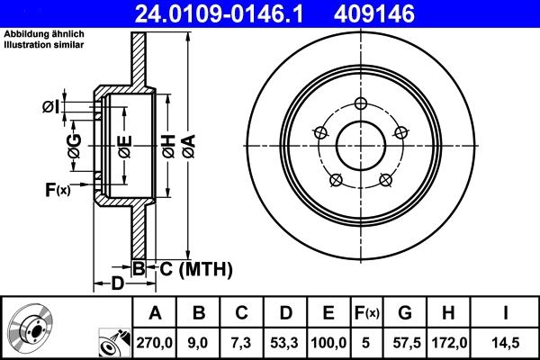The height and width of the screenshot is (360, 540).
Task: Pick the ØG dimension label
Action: (75, 144)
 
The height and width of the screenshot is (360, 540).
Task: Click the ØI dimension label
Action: (51, 107)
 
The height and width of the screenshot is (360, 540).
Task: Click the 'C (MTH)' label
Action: (196, 268)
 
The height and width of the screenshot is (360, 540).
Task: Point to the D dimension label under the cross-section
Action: (117, 284)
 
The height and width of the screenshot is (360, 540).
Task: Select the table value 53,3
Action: (286, 341)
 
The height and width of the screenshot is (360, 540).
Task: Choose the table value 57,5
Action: (406, 341)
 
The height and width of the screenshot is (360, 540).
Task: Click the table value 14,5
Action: (506, 341)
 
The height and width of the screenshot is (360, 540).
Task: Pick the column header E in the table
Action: (329, 313)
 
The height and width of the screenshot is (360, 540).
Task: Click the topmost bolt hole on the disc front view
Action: (361, 103)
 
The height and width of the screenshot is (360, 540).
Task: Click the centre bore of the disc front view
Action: (361, 144)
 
